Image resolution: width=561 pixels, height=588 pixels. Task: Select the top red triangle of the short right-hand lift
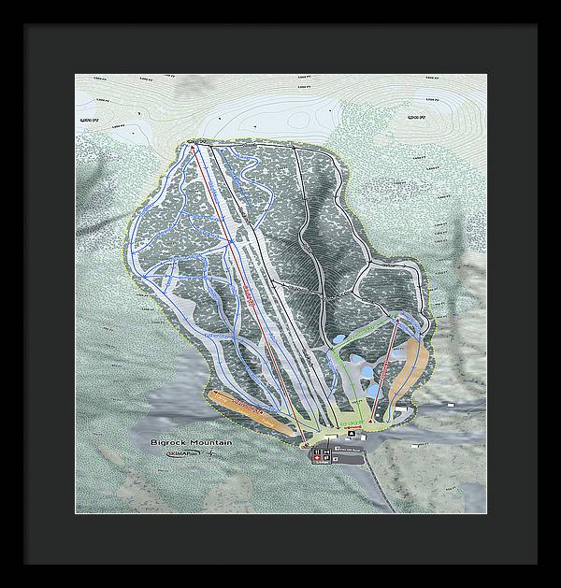coord(398,320)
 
